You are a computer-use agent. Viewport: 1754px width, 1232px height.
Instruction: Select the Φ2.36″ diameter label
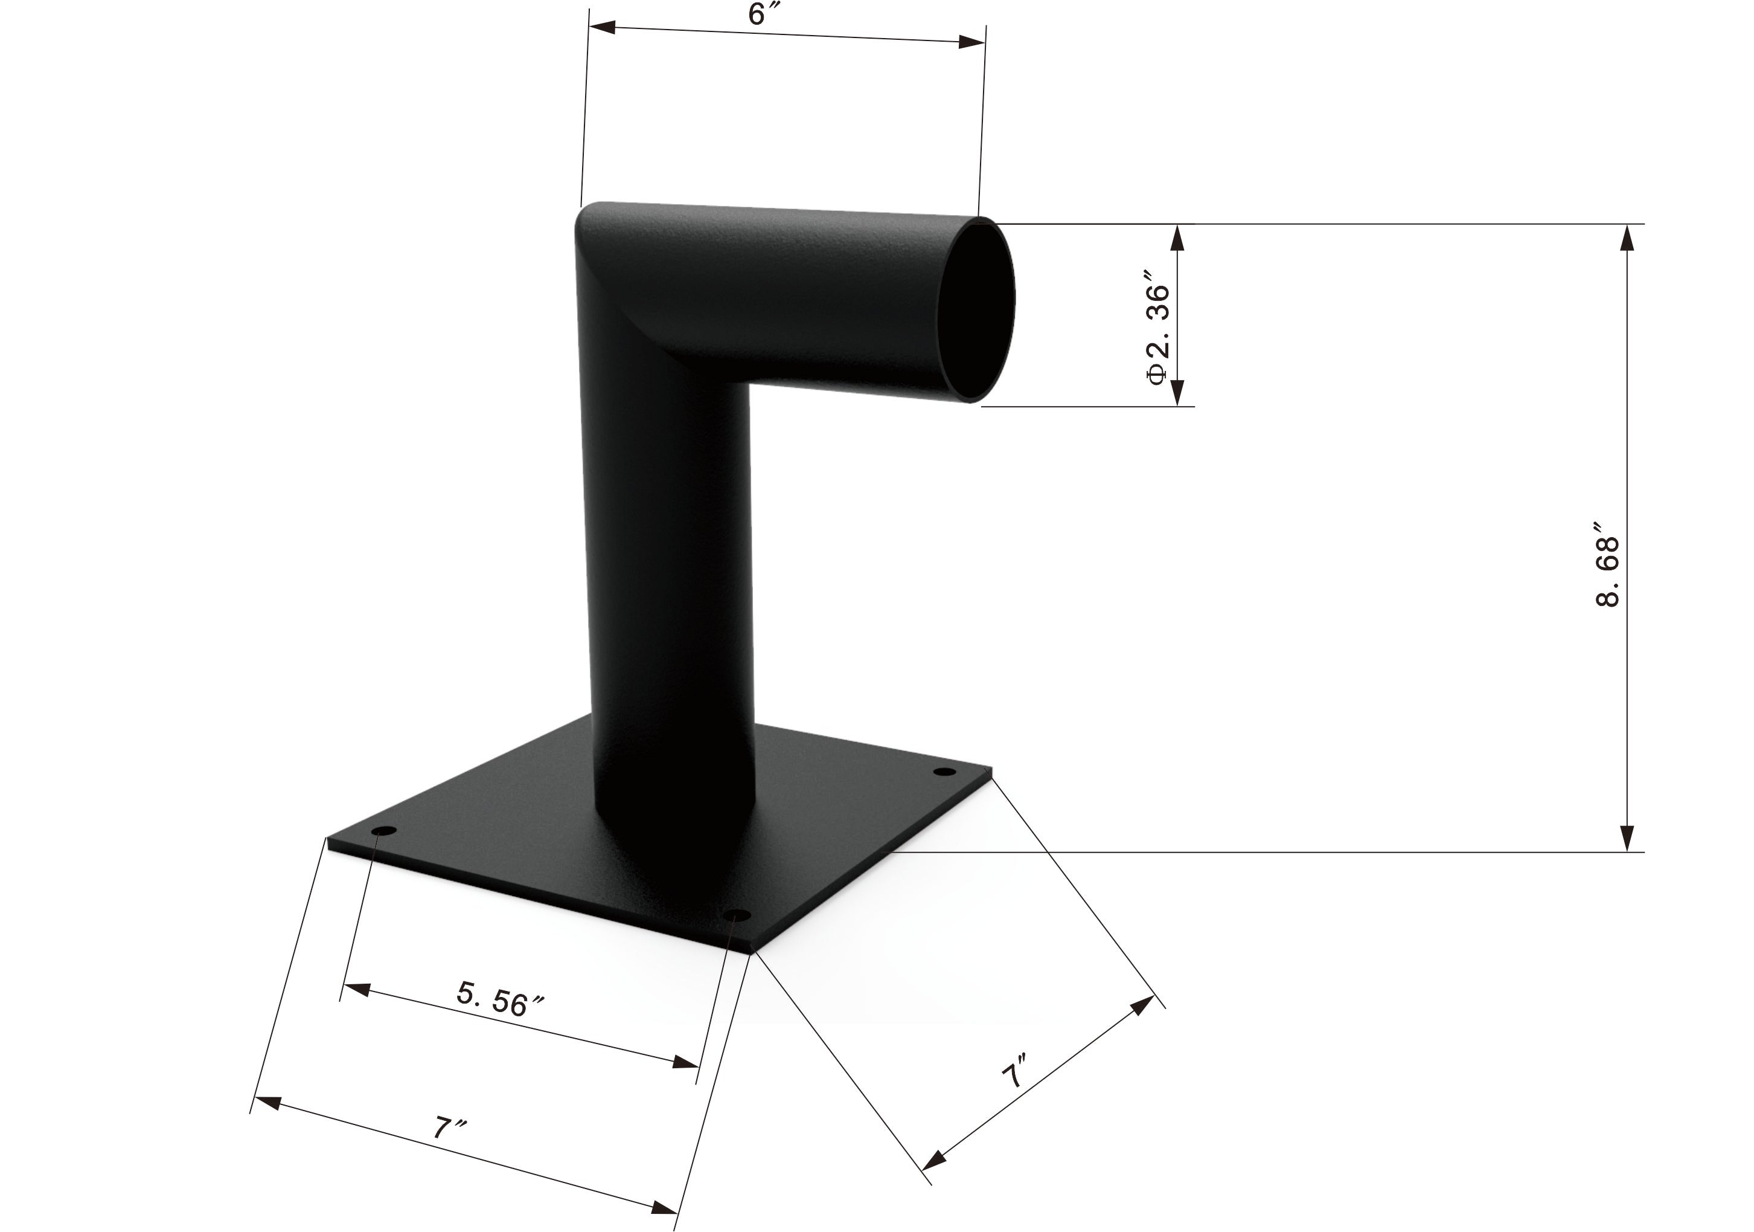click(1159, 327)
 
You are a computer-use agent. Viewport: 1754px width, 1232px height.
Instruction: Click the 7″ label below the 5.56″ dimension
click(450, 1129)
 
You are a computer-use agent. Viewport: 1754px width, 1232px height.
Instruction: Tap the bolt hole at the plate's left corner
click(384, 831)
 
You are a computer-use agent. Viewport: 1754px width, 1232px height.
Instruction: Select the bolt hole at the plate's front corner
click(737, 915)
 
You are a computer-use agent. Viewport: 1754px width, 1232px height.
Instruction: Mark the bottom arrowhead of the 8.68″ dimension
click(1628, 839)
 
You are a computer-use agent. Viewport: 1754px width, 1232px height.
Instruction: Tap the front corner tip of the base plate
click(752, 952)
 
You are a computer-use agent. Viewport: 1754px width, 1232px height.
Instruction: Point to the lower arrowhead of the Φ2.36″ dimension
click(1177, 392)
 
